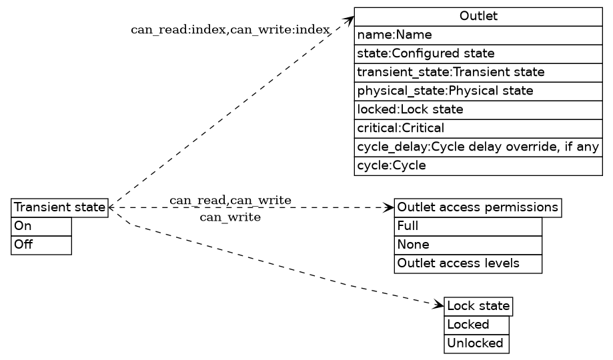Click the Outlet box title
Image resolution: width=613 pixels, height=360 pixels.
[x=478, y=17]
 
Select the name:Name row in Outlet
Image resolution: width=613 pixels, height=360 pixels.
[x=478, y=35]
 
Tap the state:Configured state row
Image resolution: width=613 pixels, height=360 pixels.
[x=478, y=53]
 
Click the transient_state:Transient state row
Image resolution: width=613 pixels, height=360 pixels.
[x=478, y=71]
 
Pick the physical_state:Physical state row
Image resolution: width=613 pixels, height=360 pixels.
[x=478, y=90]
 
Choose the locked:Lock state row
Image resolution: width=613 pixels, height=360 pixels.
[x=478, y=109]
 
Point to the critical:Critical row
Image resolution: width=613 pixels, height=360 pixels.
[x=478, y=127]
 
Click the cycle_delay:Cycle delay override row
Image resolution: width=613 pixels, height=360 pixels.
[x=478, y=147]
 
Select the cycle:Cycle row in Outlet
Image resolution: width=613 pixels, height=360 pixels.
[x=478, y=165]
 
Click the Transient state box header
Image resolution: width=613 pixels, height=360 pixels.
[x=59, y=208]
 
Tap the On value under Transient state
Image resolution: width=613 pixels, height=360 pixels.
[x=41, y=227]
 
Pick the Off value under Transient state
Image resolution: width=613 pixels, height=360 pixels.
[x=41, y=245]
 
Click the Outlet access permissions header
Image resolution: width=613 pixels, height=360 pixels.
[x=478, y=208]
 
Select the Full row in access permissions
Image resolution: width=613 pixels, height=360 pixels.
[x=468, y=227]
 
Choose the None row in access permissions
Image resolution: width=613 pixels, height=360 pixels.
[x=468, y=245]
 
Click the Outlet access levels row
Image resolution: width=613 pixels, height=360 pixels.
[x=468, y=264]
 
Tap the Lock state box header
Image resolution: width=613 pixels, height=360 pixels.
[x=478, y=307]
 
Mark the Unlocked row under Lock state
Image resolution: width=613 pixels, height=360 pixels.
[x=476, y=344]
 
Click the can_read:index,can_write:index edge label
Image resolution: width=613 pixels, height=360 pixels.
[x=230, y=30]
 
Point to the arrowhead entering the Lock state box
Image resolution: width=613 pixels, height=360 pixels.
[x=439, y=305]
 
